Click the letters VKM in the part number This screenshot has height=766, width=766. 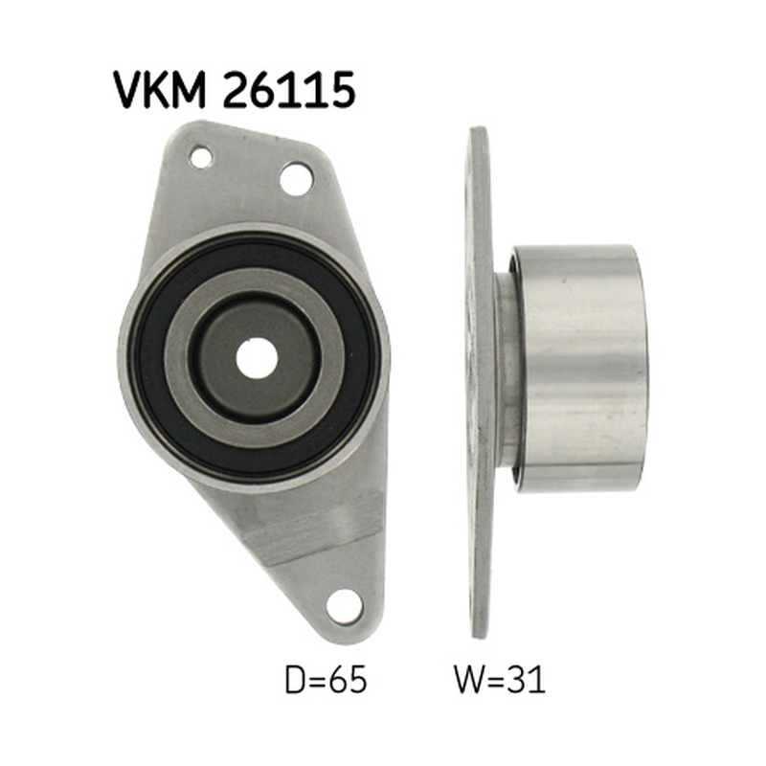(159, 89)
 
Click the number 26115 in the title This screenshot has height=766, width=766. (289, 89)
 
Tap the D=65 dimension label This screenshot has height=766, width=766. (326, 680)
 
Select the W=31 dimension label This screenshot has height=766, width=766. (500, 680)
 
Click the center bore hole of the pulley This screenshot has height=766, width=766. (257, 358)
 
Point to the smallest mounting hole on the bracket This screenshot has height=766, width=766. (201, 157)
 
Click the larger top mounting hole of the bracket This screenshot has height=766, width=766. (296, 179)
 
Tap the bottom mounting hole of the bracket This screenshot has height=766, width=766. (345, 606)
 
